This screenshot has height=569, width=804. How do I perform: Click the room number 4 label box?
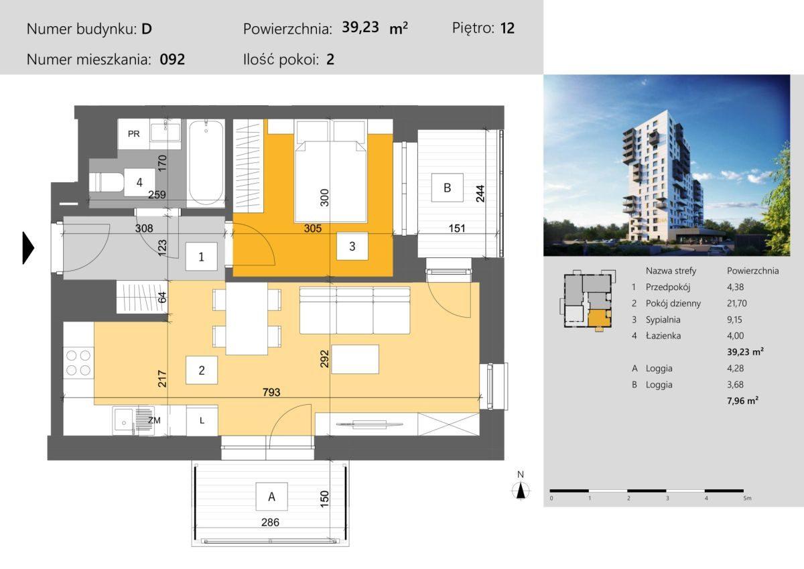tap(139, 182)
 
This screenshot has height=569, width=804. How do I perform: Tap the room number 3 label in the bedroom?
tap(352, 246)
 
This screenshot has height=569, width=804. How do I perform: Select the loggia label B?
tap(448, 188)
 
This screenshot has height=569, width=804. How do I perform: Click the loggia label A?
tap(272, 497)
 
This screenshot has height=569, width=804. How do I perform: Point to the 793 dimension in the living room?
tap(271, 392)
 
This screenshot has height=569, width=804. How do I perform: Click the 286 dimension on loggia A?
tap(270, 522)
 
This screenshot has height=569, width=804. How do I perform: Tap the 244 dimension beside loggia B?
tap(480, 194)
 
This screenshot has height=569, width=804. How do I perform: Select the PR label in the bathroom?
tap(133, 134)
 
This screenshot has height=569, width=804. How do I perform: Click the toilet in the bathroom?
tap(107, 182)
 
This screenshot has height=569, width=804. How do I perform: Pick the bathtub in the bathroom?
tap(206, 163)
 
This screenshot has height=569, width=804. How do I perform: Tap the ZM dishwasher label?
tap(154, 420)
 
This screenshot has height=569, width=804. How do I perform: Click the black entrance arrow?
tap(28, 248)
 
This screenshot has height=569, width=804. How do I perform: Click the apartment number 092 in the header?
tap(172, 59)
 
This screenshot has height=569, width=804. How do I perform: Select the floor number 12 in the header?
tap(508, 28)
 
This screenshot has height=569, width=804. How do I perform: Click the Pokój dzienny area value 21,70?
tap(737, 304)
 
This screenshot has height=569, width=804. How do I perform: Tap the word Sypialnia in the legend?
tap(663, 320)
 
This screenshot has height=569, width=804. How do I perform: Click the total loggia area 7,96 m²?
tap(742, 400)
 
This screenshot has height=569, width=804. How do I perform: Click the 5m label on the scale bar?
tap(747, 498)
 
